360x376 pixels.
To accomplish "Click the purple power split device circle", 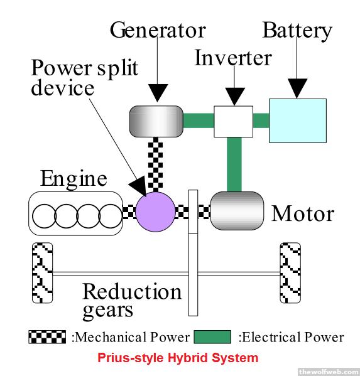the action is pyautogui.click(x=156, y=212).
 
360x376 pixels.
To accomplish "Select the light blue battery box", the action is pyautogui.click(x=298, y=121).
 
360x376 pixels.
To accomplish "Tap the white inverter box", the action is pyautogui.click(x=233, y=121).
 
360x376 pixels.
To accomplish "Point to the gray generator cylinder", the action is pyautogui.click(x=156, y=121).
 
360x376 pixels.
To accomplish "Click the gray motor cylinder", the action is pyautogui.click(x=237, y=211).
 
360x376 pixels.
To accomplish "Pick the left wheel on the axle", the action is pyautogui.click(x=42, y=273).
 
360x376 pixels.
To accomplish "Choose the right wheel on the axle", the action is pyautogui.click(x=290, y=273).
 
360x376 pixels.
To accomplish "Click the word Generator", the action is pyautogui.click(x=158, y=30).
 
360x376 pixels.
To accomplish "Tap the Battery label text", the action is pyautogui.click(x=297, y=31).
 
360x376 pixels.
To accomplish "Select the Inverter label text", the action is pyautogui.click(x=233, y=58).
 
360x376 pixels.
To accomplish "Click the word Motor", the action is pyautogui.click(x=303, y=213).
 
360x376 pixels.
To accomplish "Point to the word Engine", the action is pyautogui.click(x=74, y=179).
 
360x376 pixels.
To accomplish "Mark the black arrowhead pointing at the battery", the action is pyautogui.click(x=298, y=89).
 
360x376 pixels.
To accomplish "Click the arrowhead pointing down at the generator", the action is pyautogui.click(x=158, y=93).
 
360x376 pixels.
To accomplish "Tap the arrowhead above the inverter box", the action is pyautogui.click(x=234, y=97).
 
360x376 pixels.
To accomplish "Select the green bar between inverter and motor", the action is pyautogui.click(x=234, y=164).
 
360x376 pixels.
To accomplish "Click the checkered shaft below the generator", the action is pyautogui.click(x=156, y=164).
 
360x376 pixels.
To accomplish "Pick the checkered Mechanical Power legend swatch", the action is pyautogui.click(x=47, y=337).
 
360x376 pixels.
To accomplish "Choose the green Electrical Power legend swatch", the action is pyautogui.click(x=212, y=337).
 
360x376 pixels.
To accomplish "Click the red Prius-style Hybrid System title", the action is pyautogui.click(x=178, y=358).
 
